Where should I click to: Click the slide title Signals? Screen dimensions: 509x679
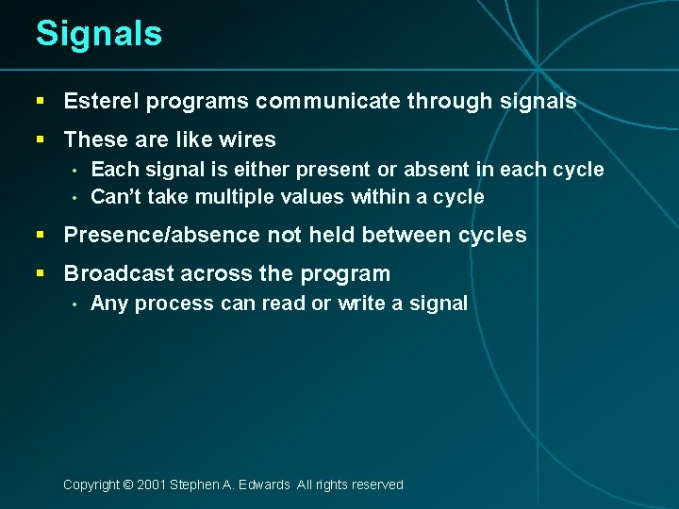[x=99, y=34]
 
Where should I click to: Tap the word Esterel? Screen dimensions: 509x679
[x=99, y=102]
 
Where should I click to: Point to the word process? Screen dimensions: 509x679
[x=180, y=304]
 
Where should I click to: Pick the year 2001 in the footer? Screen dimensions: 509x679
[x=151, y=484]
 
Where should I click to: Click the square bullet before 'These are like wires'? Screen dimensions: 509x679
[x=40, y=140]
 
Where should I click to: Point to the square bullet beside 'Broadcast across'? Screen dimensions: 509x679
[x=40, y=274]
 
